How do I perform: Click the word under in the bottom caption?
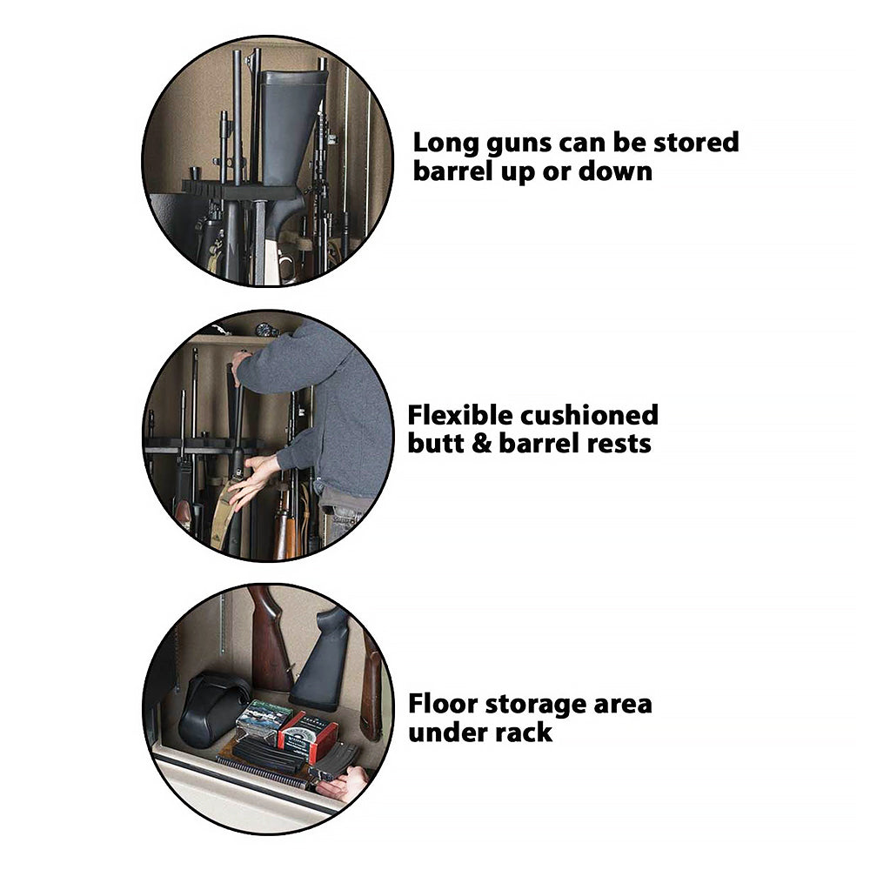pyautogui.click(x=444, y=732)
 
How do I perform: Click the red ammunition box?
pyautogui.click(x=309, y=736)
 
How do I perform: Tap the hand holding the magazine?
pyautogui.click(x=345, y=785)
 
